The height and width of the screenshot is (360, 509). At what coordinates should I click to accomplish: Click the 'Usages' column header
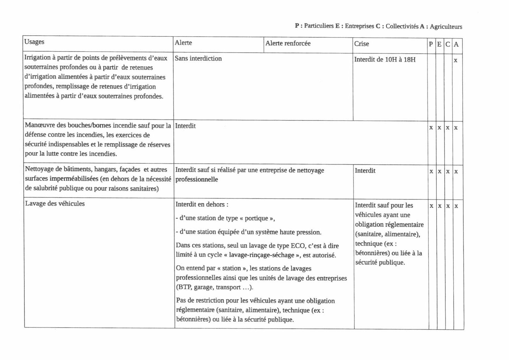[34, 42]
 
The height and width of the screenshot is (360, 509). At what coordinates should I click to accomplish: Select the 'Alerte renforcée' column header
[288, 43]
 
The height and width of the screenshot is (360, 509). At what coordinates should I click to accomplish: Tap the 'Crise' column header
[362, 44]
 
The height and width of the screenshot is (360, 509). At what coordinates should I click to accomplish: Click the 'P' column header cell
[431, 44]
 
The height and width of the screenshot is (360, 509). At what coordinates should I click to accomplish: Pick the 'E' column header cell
[439, 44]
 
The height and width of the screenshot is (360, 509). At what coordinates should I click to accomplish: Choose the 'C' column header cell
[448, 44]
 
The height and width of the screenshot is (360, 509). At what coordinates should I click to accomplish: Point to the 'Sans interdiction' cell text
[198, 58]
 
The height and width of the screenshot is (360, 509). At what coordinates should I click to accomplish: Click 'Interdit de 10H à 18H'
[385, 59]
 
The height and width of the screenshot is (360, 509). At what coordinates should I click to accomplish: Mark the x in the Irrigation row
[456, 60]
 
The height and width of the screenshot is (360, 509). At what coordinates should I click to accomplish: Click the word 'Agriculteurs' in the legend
[446, 26]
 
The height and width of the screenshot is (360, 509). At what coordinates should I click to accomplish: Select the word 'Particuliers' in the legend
[319, 26]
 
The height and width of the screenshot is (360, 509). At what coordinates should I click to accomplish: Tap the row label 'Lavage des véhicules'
[55, 203]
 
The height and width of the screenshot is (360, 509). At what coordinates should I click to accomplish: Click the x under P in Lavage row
[431, 206]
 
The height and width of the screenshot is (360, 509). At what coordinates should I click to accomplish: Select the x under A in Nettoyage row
[456, 171]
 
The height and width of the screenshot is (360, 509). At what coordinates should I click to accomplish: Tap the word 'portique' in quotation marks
[256, 218]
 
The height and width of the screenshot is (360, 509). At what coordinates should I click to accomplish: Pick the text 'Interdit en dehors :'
[202, 204]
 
